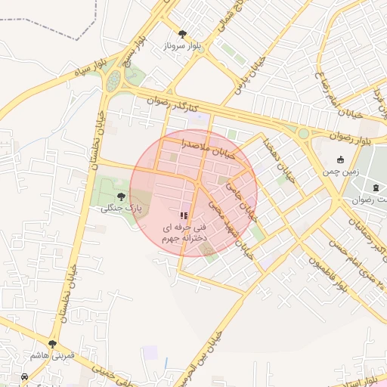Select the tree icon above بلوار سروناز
pos(182,34)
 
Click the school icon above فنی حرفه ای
pos(184,215)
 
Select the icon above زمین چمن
pos(340,159)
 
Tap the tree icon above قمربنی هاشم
pos(52,344)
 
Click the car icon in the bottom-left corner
pos(26,376)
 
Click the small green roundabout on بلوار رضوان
pos(303,133)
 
